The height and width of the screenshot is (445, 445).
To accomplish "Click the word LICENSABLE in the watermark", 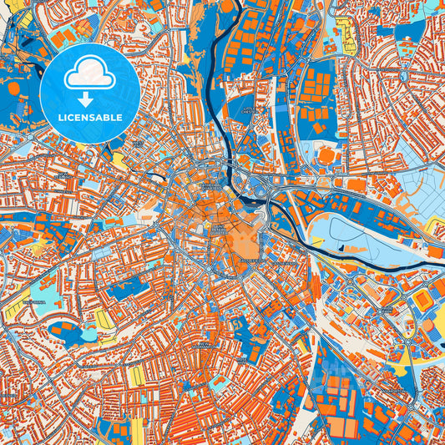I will point(89,118).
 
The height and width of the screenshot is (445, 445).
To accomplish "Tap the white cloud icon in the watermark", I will point(89,76).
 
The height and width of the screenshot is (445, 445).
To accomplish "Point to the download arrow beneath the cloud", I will point(89,96).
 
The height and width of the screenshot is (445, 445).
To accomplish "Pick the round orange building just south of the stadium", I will point(427,326).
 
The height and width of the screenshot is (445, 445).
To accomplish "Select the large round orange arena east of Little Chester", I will point(326,154).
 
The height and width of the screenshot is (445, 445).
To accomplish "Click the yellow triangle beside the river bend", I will point(433,226).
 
